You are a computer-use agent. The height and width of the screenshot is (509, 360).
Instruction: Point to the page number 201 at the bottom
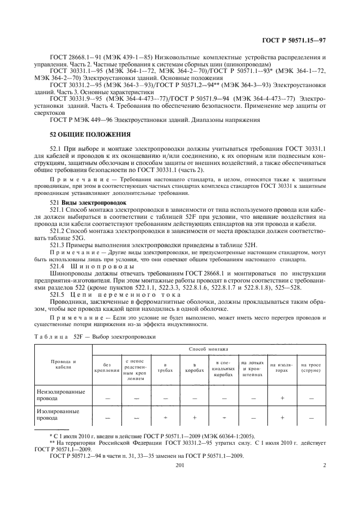[180, 465]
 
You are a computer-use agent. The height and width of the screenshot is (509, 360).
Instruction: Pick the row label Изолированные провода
[57, 417]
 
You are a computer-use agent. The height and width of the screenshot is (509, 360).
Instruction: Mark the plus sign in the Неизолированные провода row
[282, 398]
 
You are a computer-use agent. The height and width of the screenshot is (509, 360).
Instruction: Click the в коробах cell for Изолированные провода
[194, 418]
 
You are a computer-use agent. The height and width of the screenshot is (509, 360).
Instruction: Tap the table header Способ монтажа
[208, 348]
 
